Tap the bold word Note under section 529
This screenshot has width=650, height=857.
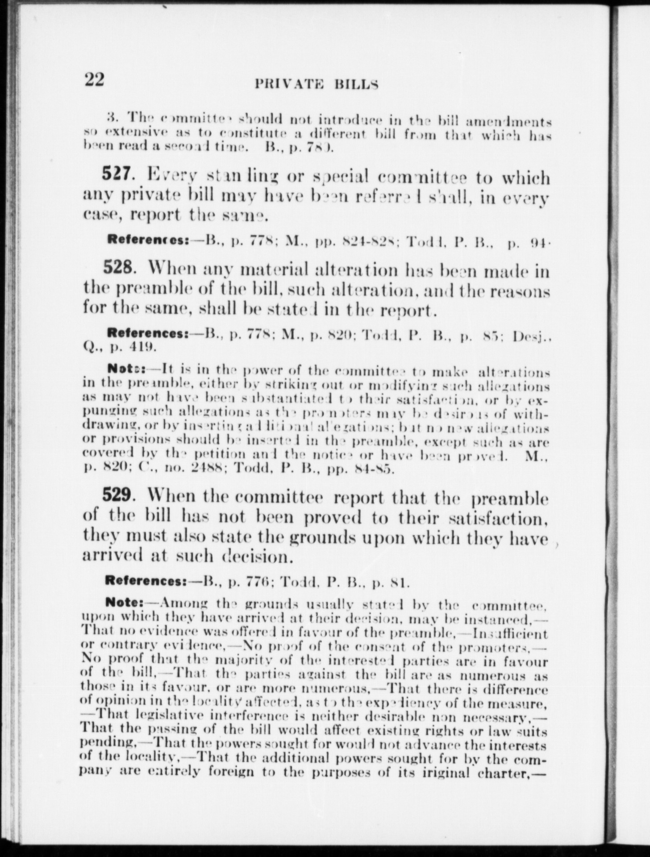point(124,603)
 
